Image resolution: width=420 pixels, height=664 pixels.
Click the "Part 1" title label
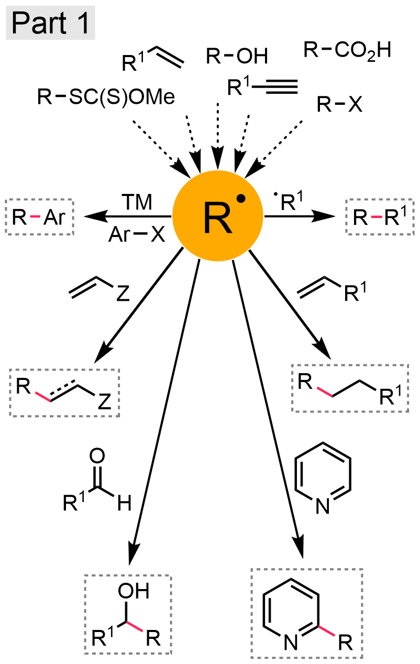coord(50,23)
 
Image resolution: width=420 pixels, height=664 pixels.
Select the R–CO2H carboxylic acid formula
coord(347,50)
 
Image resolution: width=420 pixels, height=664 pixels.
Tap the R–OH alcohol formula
coord(237,56)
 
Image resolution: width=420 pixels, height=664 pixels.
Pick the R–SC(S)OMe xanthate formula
coord(106,96)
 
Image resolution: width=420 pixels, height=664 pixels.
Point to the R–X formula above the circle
coord(339,104)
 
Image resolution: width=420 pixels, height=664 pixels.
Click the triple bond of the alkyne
coord(281,86)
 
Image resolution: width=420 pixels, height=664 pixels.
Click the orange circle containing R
coord(218,216)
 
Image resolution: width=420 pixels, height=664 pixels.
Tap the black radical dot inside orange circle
coord(241,199)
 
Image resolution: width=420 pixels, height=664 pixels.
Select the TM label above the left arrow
coord(137,202)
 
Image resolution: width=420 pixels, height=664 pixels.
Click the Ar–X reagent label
coord(137,234)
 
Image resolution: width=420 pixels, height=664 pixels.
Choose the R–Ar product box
coord(39,217)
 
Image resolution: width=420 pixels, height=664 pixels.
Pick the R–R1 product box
coord(380,217)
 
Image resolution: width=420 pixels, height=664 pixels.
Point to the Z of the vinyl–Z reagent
coord(123,293)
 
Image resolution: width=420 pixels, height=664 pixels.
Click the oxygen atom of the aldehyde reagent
coord(97,455)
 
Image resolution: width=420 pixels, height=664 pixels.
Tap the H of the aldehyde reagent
coord(124,503)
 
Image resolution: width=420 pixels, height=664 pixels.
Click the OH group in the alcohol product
coord(134,591)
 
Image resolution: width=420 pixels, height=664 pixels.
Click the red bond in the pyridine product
coord(327,630)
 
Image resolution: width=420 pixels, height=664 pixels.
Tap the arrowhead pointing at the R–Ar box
coord(93,216)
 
